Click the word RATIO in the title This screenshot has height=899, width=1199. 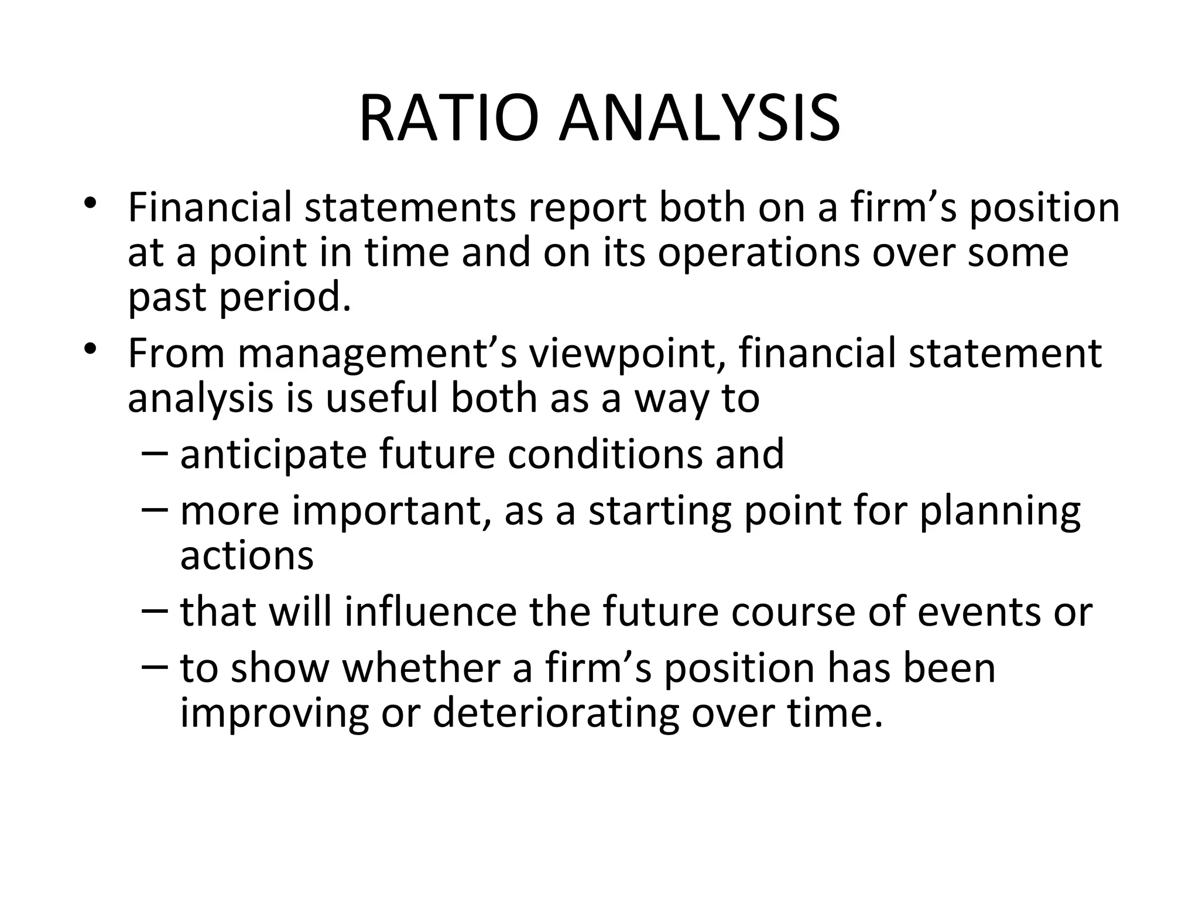(x=448, y=119)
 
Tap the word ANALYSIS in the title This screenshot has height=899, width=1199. (x=699, y=119)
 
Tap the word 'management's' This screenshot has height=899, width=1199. (x=378, y=355)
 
